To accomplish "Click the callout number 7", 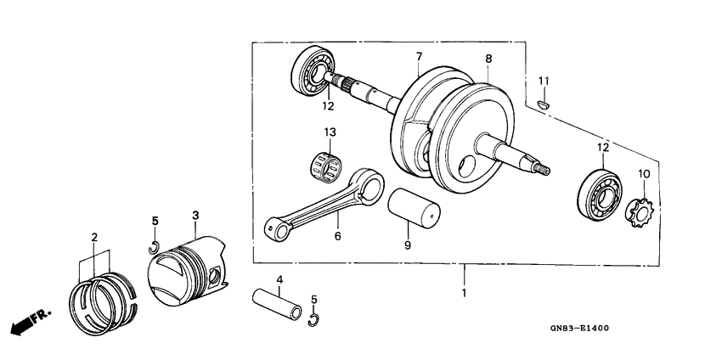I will click(x=419, y=57).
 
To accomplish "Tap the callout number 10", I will click(x=644, y=174).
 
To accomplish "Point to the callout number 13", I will click(x=330, y=132).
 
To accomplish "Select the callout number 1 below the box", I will click(x=463, y=292).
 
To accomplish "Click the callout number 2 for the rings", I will click(x=95, y=237).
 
